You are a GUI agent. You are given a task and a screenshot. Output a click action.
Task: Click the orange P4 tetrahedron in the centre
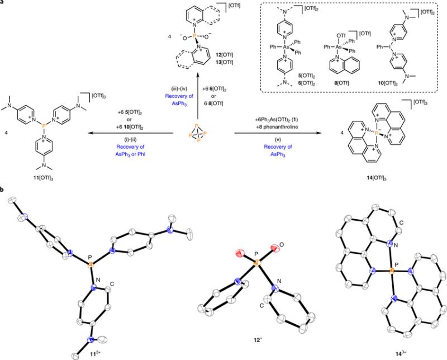point(198,133)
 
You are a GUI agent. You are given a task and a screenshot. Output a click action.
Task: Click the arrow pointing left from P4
point(131,133)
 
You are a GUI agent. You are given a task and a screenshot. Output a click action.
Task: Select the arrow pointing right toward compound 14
point(276,133)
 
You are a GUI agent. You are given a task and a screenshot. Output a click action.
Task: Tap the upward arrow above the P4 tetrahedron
point(198,96)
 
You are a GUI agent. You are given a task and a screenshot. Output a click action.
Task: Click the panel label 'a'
point(2,2)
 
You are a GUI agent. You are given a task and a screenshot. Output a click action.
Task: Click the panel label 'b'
point(2,190)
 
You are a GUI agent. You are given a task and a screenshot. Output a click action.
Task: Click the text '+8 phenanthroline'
point(276,127)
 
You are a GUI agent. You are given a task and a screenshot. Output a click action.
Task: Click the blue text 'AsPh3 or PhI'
point(131,154)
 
